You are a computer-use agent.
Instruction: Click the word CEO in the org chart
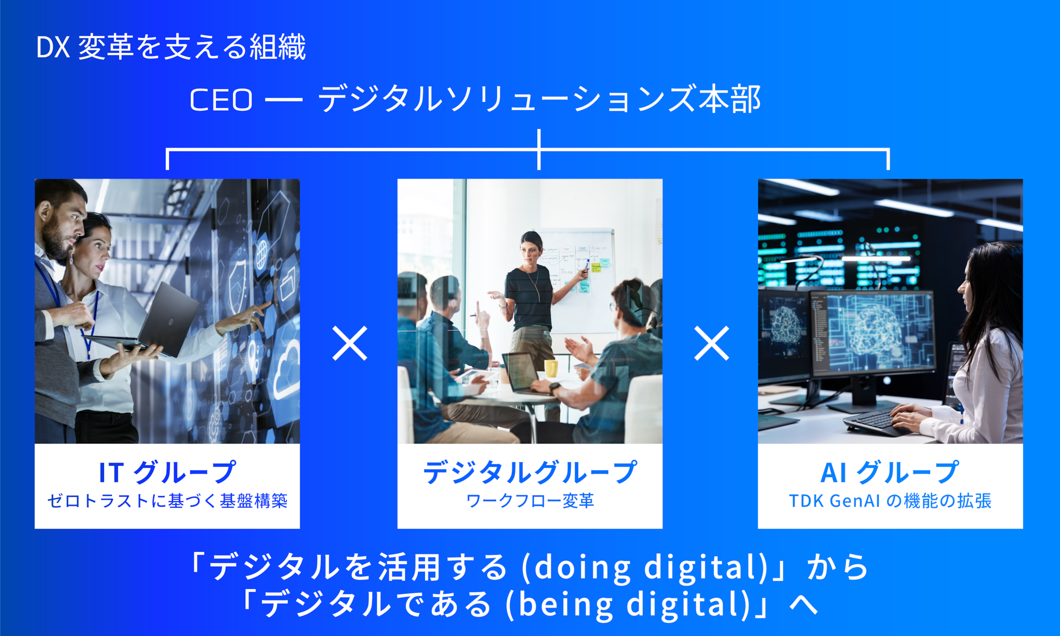(x=221, y=99)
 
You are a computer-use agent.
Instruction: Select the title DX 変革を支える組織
(x=171, y=47)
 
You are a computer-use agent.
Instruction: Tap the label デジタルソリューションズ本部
(x=539, y=99)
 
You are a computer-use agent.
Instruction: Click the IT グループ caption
(x=167, y=472)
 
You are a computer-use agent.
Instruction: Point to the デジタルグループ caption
(x=529, y=472)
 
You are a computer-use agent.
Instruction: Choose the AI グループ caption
(x=890, y=472)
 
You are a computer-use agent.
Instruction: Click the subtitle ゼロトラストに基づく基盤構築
(x=167, y=501)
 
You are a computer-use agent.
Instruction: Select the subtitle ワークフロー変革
(x=529, y=501)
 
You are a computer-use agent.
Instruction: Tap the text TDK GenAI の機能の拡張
(x=890, y=501)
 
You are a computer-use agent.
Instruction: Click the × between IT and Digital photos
(x=350, y=343)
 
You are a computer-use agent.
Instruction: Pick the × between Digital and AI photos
(x=712, y=343)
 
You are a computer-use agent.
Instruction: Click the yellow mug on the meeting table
(x=551, y=368)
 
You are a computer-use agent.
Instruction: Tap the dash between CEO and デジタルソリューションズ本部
(x=284, y=100)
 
